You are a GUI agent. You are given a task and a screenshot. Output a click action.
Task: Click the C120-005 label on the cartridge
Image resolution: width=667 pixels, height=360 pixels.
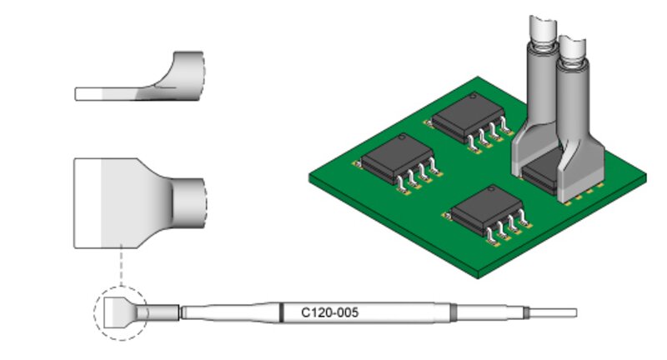329,312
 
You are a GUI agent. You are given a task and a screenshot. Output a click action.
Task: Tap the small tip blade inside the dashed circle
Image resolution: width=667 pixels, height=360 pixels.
120,312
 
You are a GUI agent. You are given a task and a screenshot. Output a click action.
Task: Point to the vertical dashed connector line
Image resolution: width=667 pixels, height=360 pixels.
121,265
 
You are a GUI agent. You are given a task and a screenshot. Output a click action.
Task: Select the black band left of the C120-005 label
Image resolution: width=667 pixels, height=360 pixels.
281,312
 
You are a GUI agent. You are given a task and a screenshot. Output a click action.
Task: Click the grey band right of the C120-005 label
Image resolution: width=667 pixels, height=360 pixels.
454,312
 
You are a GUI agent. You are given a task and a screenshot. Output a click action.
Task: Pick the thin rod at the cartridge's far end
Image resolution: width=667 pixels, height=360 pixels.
553,312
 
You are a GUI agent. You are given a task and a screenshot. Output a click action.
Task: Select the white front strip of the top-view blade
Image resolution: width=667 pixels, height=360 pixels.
88,203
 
